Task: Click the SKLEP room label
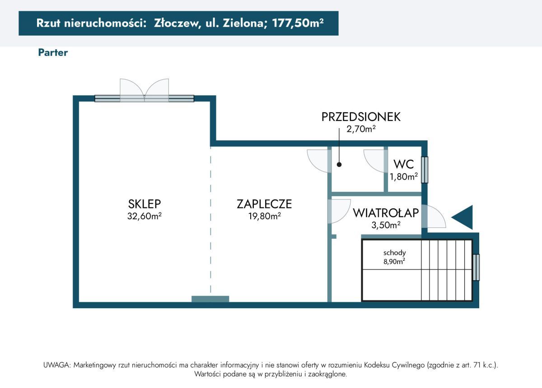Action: coord(145,204)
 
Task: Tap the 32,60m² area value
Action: coord(145,216)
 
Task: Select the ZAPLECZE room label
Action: coord(264,204)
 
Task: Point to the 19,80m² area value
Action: coord(264,216)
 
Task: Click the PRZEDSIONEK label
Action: coord(361,117)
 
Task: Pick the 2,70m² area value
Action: coord(361,129)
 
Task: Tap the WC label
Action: coord(404,164)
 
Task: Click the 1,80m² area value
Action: coord(404,176)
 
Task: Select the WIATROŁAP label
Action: coord(386,212)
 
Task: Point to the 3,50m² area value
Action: coord(386,224)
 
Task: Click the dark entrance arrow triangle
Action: coord(463,217)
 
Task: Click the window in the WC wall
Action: coord(424,170)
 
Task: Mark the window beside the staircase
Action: coord(476,268)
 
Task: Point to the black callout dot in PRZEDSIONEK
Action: coord(339,165)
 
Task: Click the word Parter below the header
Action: coord(53,52)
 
